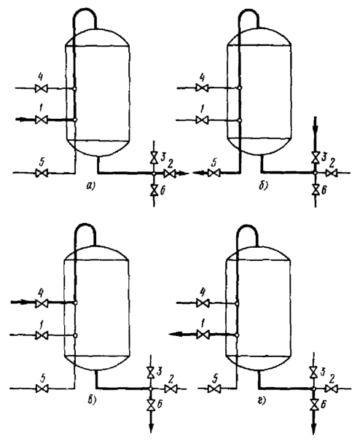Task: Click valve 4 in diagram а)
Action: pos(42,89)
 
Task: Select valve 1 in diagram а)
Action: pos(42,120)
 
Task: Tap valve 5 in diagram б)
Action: pos(214,173)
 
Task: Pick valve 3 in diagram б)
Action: pos(315,157)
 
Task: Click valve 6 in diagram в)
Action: pos(150,405)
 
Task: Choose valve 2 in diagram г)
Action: pos(330,389)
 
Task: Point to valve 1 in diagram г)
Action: pos(203,335)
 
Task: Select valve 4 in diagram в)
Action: pos(42,303)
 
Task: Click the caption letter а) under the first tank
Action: pos(91,186)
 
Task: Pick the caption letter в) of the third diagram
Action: pos(91,402)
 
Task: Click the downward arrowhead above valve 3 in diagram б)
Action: pos(315,128)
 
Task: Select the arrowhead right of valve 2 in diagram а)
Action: pos(183,173)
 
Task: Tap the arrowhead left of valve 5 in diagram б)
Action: pos(198,173)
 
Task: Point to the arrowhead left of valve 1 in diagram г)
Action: pos(174,335)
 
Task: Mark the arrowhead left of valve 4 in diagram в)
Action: pos(23,303)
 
